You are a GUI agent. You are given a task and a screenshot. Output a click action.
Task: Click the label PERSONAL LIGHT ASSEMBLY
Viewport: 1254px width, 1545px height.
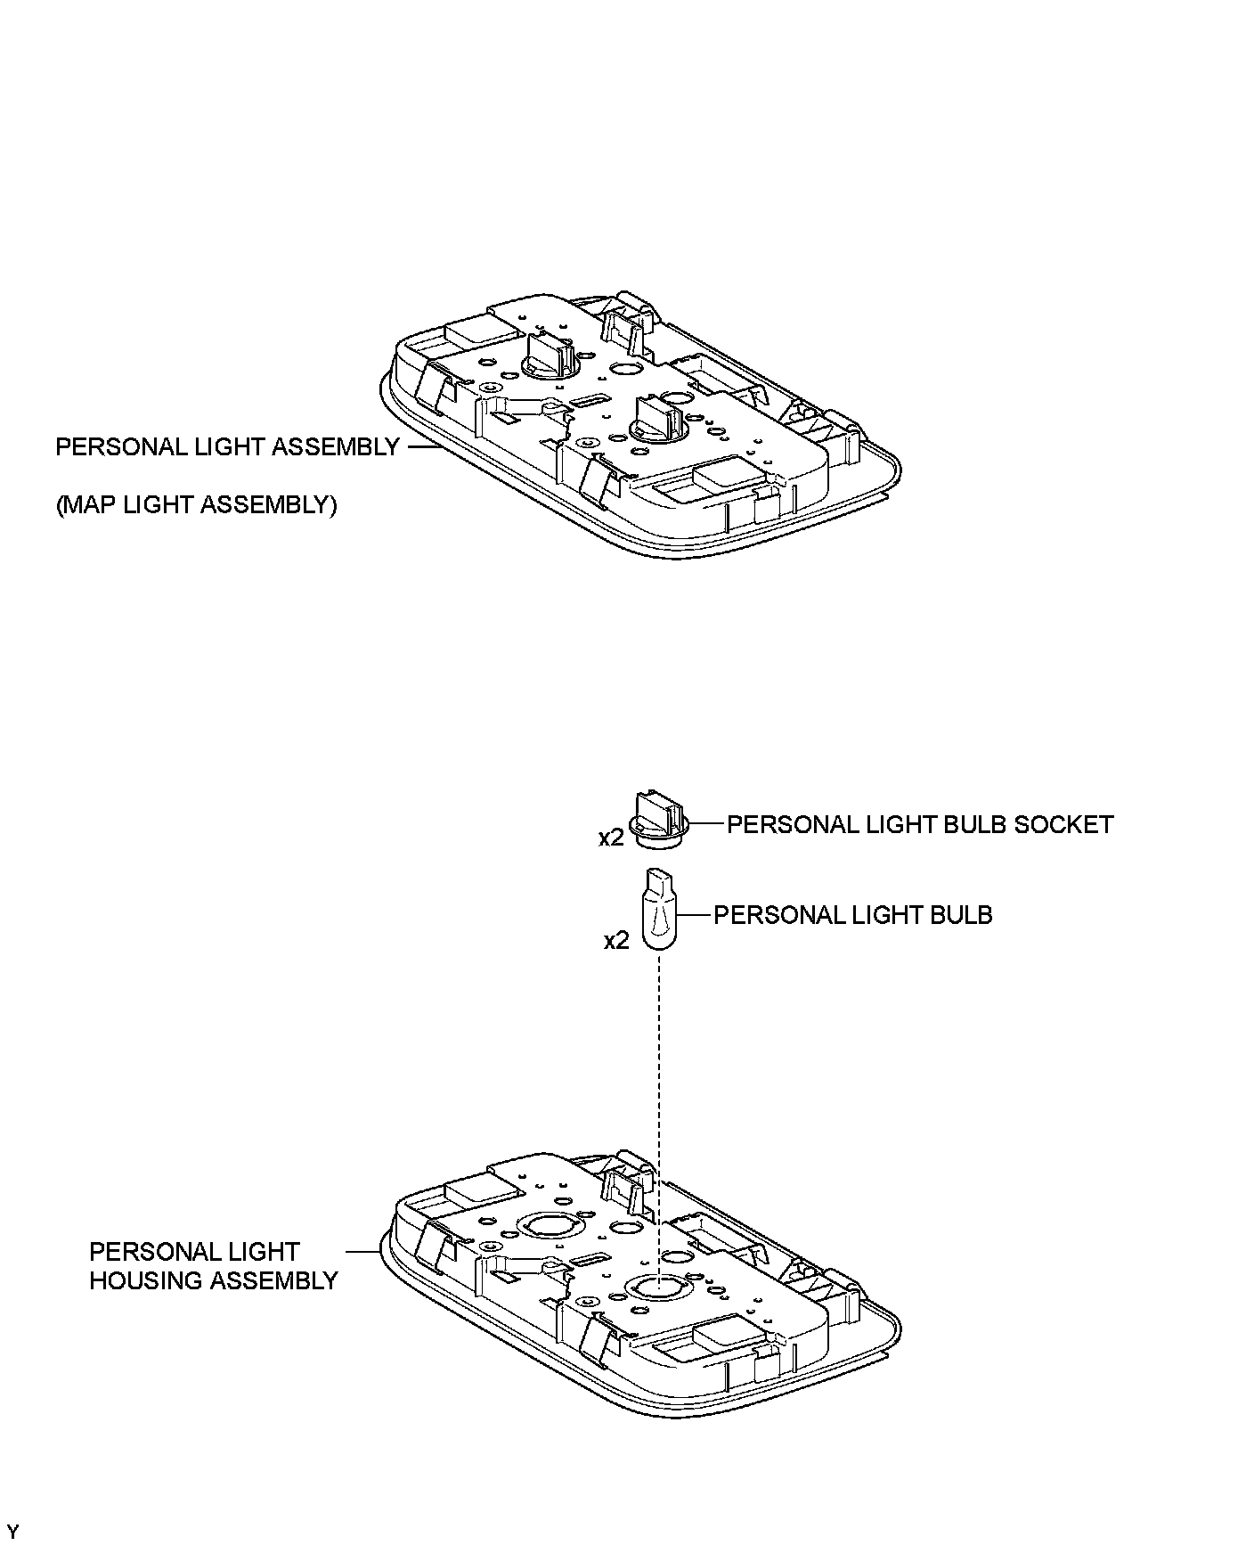click(227, 447)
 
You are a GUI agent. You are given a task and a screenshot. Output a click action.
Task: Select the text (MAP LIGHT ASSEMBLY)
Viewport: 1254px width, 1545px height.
click(196, 505)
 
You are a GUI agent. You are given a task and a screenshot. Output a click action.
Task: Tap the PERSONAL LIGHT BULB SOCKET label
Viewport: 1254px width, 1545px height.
click(920, 824)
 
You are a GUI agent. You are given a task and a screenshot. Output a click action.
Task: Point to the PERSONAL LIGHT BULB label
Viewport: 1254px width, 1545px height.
click(852, 915)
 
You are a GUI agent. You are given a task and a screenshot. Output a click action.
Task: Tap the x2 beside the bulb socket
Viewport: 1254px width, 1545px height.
click(610, 838)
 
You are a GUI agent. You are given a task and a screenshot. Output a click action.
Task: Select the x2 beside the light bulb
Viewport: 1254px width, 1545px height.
click(616, 941)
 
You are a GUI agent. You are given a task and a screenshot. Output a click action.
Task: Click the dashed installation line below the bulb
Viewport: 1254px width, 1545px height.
click(659, 1069)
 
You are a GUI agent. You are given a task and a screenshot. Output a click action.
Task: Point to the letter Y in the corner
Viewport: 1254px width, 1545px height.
click(12, 1532)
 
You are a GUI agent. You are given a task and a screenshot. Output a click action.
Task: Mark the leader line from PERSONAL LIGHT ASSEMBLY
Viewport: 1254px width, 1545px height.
click(425, 446)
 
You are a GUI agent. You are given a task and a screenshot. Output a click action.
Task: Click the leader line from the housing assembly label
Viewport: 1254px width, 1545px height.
click(362, 1252)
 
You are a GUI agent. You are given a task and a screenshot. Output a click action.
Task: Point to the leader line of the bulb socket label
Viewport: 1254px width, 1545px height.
click(707, 824)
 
